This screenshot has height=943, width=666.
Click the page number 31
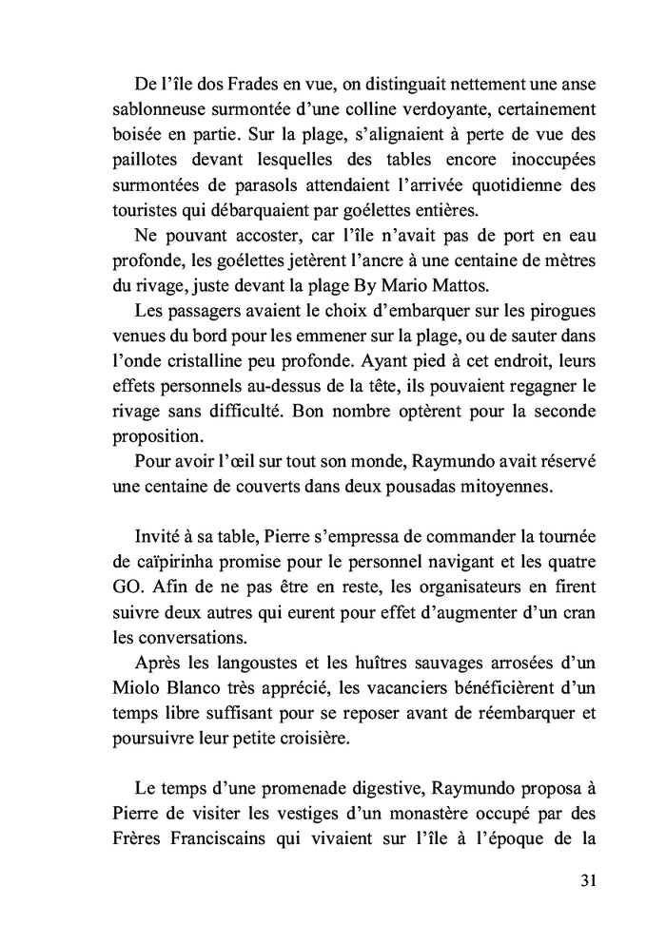coord(586,880)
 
